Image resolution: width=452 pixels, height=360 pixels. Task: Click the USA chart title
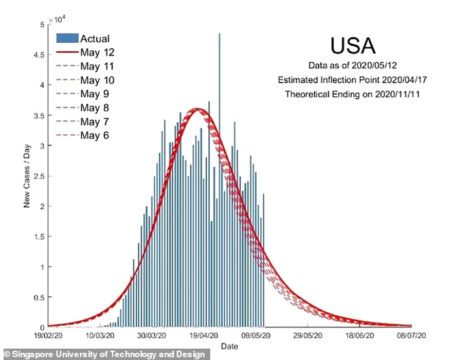(353, 46)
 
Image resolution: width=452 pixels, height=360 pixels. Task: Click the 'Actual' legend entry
(95, 39)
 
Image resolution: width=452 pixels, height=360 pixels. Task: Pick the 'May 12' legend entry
(97, 52)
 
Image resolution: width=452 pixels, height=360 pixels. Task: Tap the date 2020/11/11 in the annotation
(400, 95)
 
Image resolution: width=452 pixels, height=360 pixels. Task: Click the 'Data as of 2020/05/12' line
(353, 66)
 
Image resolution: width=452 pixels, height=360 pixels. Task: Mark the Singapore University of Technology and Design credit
(104, 354)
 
